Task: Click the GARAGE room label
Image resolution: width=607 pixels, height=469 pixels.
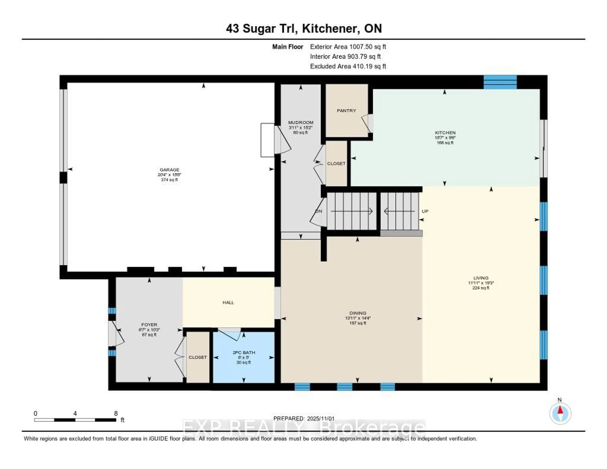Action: coord(169,170)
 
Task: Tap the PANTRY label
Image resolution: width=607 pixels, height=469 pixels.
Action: coord(346,111)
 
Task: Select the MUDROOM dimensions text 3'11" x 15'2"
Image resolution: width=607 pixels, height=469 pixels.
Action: coord(300,128)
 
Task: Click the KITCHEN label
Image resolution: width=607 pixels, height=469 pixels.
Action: coord(445,133)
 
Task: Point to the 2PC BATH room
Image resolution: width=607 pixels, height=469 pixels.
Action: coord(244,357)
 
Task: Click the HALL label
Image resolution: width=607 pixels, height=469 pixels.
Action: coord(228,302)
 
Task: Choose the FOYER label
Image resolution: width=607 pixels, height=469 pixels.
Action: coord(149,325)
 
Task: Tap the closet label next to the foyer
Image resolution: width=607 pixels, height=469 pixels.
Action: coord(198,357)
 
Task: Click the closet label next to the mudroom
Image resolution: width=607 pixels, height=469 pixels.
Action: coord(336,164)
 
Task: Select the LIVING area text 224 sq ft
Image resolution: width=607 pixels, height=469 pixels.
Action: coord(481,288)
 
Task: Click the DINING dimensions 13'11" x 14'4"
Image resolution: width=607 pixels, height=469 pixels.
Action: coord(358,318)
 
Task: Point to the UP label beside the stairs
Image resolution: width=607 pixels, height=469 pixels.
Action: coord(425,211)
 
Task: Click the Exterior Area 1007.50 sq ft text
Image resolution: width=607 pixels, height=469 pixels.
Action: coord(348,47)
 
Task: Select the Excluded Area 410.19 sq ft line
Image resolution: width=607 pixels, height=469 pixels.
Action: coord(348,66)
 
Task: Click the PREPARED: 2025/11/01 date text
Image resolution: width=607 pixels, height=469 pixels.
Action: coord(304,418)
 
